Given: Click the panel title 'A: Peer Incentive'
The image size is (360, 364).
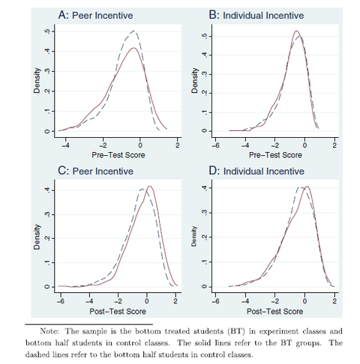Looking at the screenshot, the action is click(95, 15).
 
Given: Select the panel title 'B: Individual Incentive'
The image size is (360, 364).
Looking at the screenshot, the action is click(256, 15).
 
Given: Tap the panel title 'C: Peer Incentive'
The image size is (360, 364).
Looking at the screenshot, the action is click(95, 171).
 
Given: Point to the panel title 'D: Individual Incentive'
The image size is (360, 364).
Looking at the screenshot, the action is click(256, 171).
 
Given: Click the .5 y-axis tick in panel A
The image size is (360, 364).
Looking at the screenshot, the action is click(46, 31).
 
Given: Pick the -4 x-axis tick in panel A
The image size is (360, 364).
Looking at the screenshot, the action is click(65, 145).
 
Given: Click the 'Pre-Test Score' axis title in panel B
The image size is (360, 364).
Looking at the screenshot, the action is click(275, 155).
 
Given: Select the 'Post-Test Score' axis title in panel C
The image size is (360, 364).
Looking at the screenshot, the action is click(118, 312).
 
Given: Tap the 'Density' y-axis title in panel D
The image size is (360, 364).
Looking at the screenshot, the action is click(194, 236).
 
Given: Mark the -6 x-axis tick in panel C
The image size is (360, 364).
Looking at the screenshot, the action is click(60, 301).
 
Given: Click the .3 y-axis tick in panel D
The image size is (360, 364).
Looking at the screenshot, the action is click(204, 213).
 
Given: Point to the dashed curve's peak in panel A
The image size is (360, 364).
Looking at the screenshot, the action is click(134, 31).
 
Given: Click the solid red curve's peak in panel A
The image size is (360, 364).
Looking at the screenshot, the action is click(134, 48).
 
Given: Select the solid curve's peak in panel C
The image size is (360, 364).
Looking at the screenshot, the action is click(150, 186).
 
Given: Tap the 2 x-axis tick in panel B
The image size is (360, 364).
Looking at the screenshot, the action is click(334, 145).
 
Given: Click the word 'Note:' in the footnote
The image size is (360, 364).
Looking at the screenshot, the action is click(49, 331).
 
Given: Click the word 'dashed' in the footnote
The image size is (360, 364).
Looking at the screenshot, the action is click(34, 354).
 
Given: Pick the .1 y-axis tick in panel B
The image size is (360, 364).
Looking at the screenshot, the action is click(204, 112).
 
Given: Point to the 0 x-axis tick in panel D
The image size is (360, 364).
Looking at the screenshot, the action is click(304, 301).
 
